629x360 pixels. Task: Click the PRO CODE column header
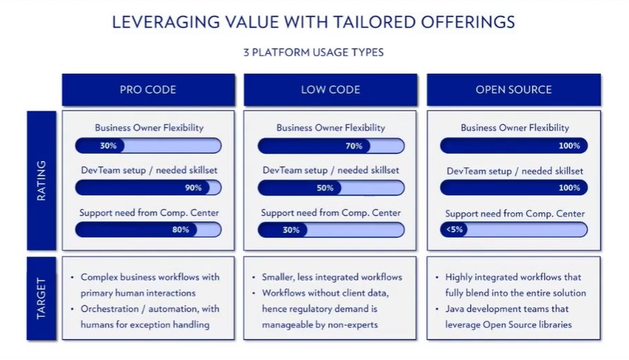[x=148, y=89]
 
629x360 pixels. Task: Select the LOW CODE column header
[x=331, y=89]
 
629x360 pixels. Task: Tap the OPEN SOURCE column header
[x=514, y=89]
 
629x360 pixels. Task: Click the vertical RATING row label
[x=41, y=180]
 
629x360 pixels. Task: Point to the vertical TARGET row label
[x=41, y=298]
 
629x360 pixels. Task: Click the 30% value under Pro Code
[x=109, y=146]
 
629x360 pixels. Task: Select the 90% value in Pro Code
[x=193, y=188]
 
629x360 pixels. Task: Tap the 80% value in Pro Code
[x=180, y=230]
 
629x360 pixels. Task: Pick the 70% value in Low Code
[x=354, y=146]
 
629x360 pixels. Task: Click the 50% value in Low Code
[x=325, y=188]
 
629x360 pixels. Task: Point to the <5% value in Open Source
[x=454, y=230]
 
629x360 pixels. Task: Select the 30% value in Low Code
[x=291, y=230]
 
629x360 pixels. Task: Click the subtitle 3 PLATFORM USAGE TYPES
[x=313, y=52]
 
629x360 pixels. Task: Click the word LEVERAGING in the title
[x=165, y=22]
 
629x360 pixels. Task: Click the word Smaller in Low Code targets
[x=277, y=277]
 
